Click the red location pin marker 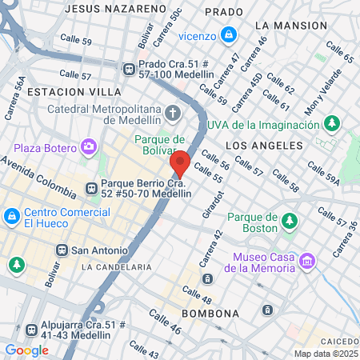point(180,163)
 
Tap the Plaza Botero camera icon point(88,147)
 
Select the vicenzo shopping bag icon point(230,34)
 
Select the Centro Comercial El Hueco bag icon point(12,216)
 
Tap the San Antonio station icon point(61,250)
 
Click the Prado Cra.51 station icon point(128,69)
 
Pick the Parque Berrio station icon point(91,189)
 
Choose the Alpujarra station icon point(30,329)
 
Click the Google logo point(26,350)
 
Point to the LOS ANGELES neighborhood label point(264,146)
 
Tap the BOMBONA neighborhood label point(210,312)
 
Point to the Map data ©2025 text point(324,354)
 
